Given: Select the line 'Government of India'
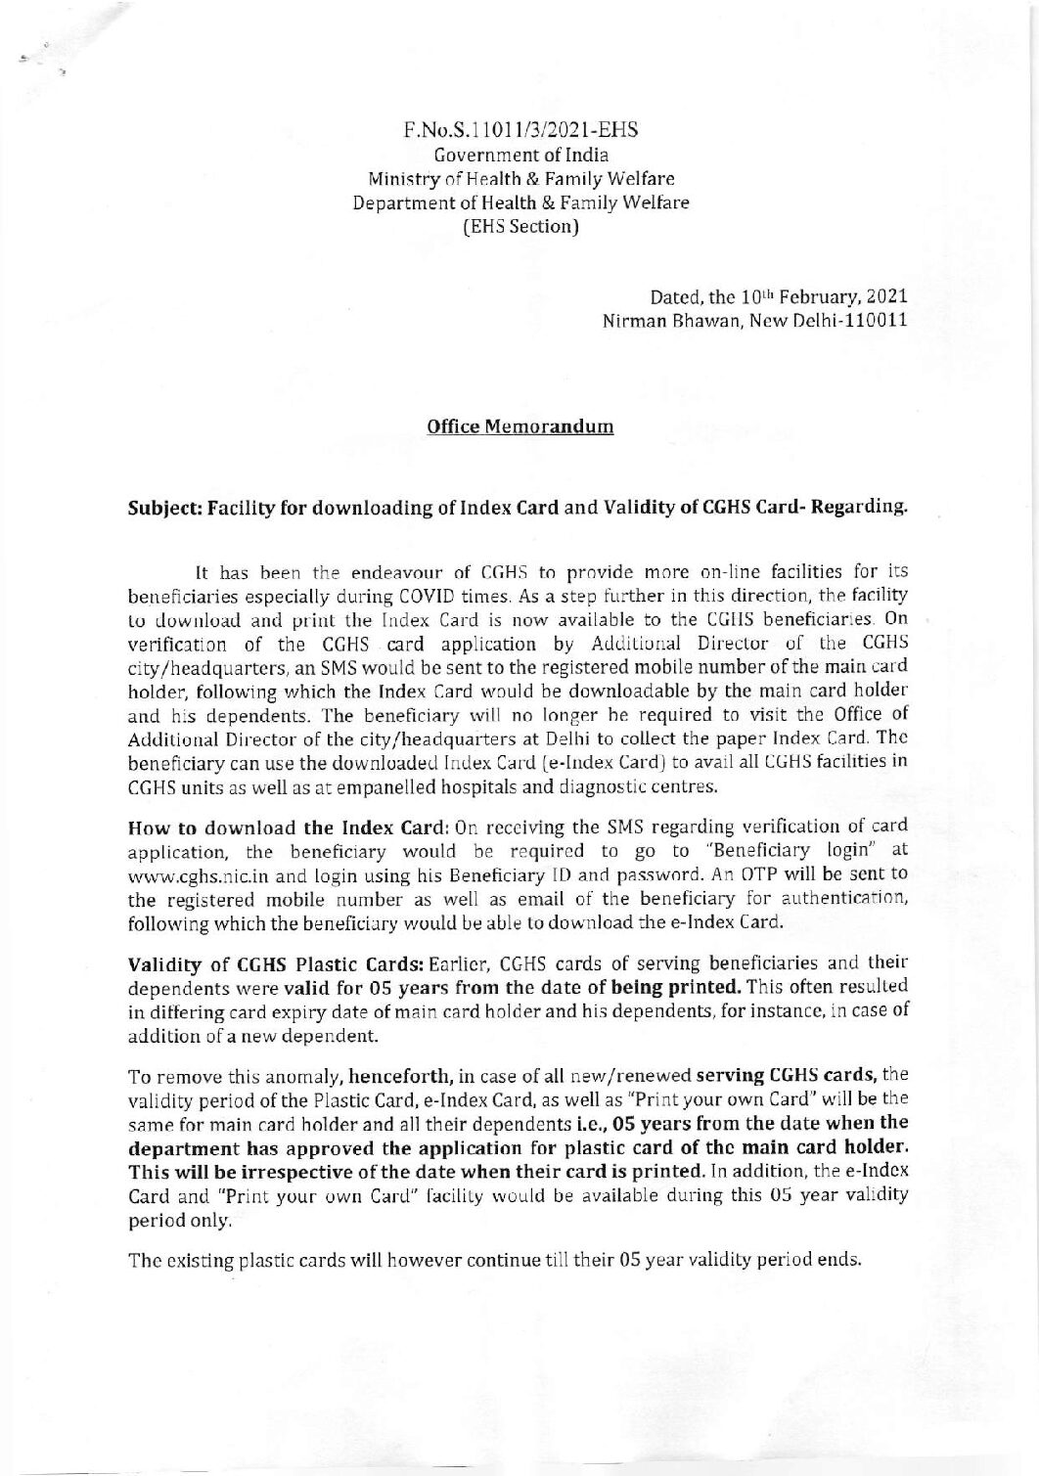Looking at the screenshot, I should click(x=521, y=155).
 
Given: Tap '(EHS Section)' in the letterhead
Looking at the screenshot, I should click(x=521, y=228).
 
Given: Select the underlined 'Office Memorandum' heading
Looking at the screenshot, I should click(x=520, y=427).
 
